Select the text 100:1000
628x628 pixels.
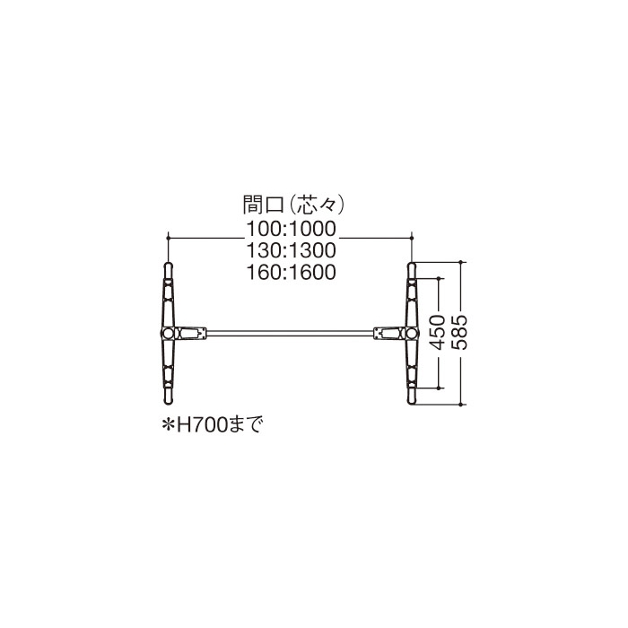[x=292, y=229]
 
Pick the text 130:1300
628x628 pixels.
[x=292, y=250]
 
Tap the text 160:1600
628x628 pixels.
[x=292, y=273]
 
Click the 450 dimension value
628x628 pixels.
[x=438, y=333]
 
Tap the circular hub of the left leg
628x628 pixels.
[x=169, y=333]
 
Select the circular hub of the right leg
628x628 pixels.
[x=412, y=333]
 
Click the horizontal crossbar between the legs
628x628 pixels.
[x=290, y=333]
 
